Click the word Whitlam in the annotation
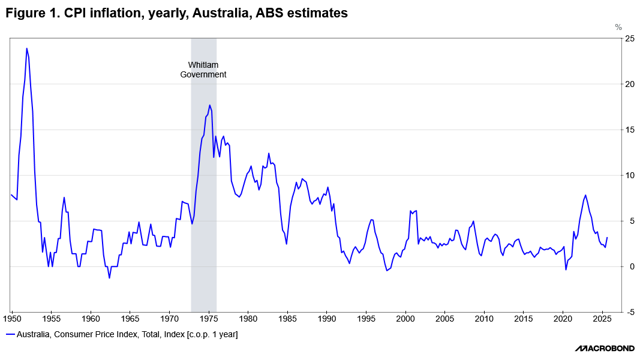[x=203, y=65]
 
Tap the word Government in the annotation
[x=203, y=75]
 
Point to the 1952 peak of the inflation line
[x=26, y=49]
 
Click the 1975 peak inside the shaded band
[x=210, y=106]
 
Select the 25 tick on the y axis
[x=629, y=38]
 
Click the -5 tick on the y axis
[x=629, y=312]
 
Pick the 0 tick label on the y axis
[x=627, y=266]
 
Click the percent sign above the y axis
[x=618, y=28]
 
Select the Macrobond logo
[x=603, y=349]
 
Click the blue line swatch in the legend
[x=10, y=334]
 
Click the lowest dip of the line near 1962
[x=109, y=278]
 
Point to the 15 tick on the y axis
[x=629, y=130]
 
